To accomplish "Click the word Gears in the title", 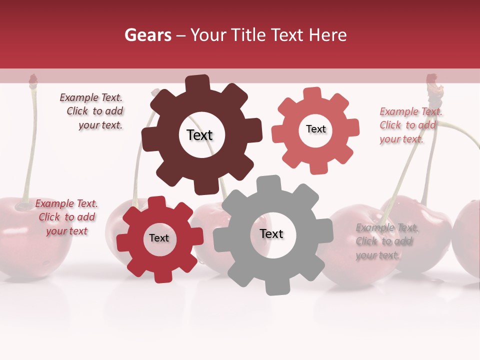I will (x=147, y=35).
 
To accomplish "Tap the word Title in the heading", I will (x=246, y=35).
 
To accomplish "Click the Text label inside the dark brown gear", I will (x=199, y=135).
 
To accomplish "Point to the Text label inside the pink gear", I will (x=315, y=129).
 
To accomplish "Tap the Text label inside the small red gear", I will (x=159, y=238).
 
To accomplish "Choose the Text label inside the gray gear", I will (x=271, y=233).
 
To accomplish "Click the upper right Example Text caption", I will (x=410, y=125).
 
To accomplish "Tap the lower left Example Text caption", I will (x=66, y=217).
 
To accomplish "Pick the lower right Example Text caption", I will (x=386, y=241).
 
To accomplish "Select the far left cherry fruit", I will (x=30, y=235).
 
